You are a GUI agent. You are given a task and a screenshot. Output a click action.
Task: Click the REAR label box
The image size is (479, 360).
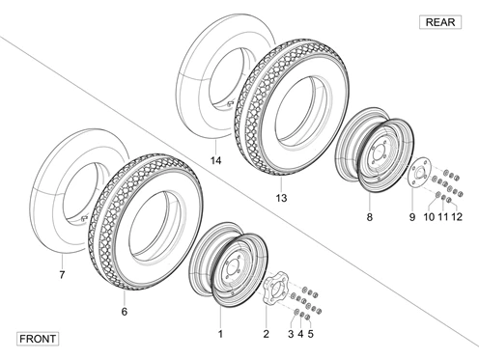[x=440, y=22]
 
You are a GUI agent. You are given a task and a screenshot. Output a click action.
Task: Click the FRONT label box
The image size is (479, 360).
[x=38, y=339]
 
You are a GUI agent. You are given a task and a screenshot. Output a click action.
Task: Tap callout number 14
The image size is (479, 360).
[x=216, y=160]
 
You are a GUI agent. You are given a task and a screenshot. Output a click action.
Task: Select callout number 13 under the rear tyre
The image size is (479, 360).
[x=281, y=198]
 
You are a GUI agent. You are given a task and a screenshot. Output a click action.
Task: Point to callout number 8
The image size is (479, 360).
[x=370, y=217]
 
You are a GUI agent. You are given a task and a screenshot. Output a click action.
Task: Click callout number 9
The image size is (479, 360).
[x=412, y=217]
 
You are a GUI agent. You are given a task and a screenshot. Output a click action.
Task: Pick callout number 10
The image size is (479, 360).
[x=429, y=217]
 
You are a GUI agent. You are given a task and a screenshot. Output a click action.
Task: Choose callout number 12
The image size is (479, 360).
[x=457, y=217]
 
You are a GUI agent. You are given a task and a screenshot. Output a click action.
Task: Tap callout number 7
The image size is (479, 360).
[x=62, y=275]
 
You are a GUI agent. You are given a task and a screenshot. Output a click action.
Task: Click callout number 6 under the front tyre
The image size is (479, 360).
[x=125, y=312]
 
